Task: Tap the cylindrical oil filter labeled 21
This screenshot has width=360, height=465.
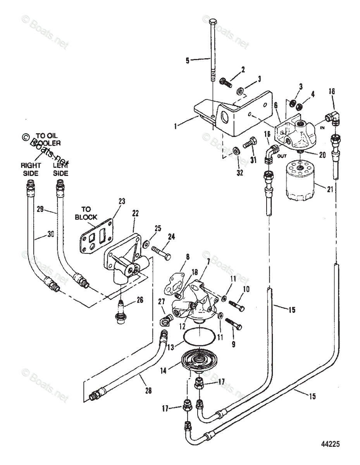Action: (x=301, y=183)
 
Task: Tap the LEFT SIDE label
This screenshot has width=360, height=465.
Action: (x=60, y=170)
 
